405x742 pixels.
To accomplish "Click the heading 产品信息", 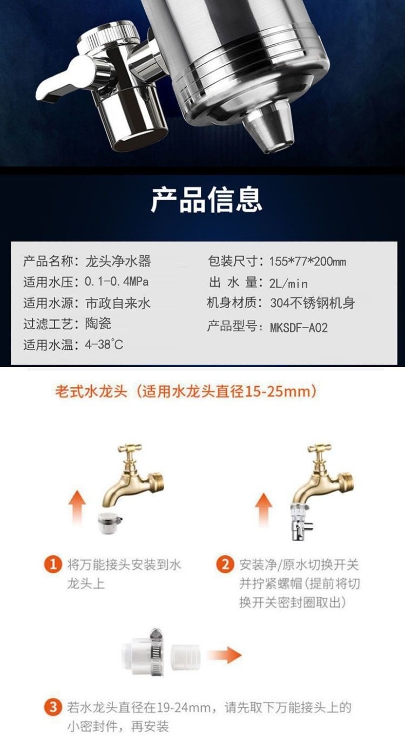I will point(206,199).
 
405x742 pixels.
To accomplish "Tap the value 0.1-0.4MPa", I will point(116,282).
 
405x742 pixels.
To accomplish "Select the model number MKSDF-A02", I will point(299,327).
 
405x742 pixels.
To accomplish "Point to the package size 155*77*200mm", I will point(307,262).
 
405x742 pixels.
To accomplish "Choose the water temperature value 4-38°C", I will point(104,344).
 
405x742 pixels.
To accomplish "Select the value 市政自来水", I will point(118,303).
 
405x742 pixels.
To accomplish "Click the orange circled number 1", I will point(53,565).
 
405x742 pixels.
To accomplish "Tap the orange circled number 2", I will point(224,565).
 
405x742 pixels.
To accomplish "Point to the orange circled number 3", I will point(53,707).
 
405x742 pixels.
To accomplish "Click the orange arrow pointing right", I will point(224,656).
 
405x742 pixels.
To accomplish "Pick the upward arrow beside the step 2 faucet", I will point(263,510).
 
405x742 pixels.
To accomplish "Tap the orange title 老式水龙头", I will point(91,391).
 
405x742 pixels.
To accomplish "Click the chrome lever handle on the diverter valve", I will point(59,81).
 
